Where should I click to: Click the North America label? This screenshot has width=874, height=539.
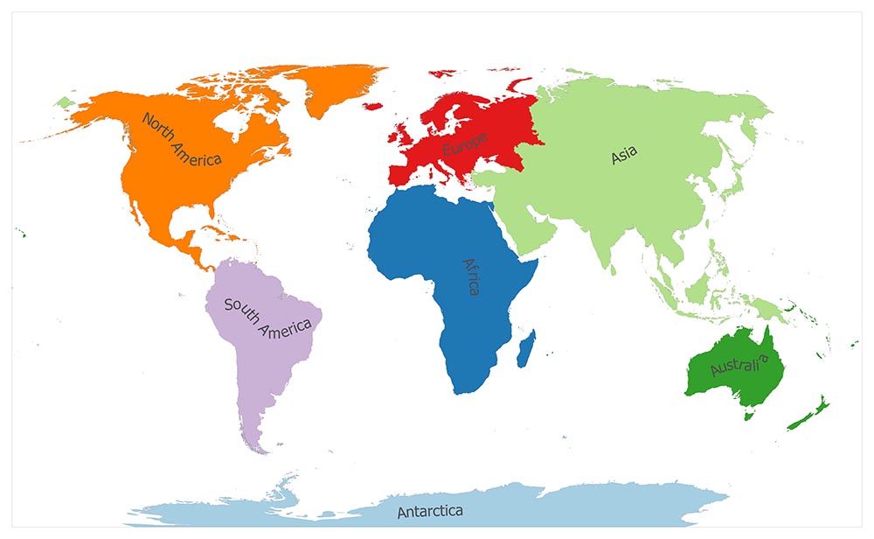pyautogui.click(x=182, y=140)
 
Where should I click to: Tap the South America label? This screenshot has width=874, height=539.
pyautogui.click(x=267, y=317)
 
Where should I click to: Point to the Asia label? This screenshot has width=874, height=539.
pyautogui.click(x=624, y=156)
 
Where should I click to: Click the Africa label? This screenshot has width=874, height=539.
pyautogui.click(x=471, y=276)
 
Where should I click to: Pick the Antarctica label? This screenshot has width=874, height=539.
pyautogui.click(x=429, y=511)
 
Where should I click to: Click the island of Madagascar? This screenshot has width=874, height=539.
pyautogui.click(x=526, y=348)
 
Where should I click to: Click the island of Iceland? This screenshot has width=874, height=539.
pyautogui.click(x=373, y=106)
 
